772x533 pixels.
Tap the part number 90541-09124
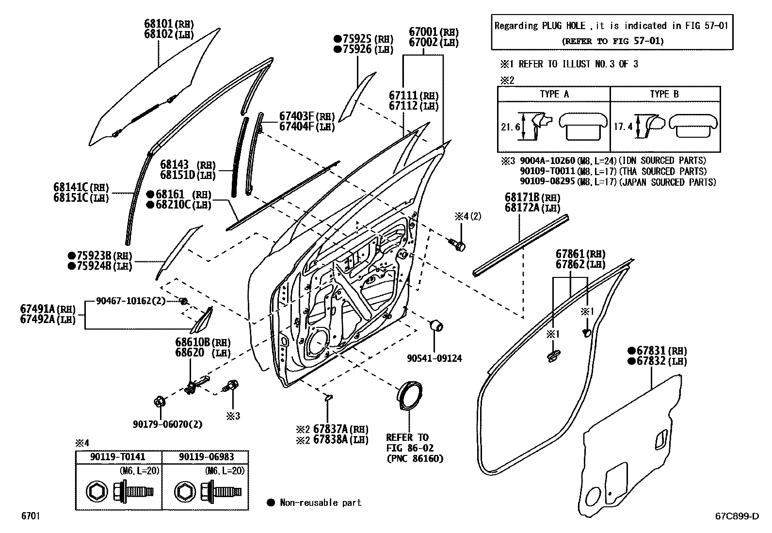point(434,358)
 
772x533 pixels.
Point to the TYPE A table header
point(554,94)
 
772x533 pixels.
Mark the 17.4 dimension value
point(623,127)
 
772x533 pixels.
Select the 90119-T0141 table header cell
point(118,457)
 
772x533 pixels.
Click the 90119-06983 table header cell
point(206,457)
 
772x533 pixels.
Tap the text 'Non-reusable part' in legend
point(321,502)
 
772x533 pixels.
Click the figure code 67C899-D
point(737,516)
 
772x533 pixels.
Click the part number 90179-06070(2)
point(167,424)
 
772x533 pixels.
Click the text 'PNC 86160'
point(415,458)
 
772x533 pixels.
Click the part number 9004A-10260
point(547,161)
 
